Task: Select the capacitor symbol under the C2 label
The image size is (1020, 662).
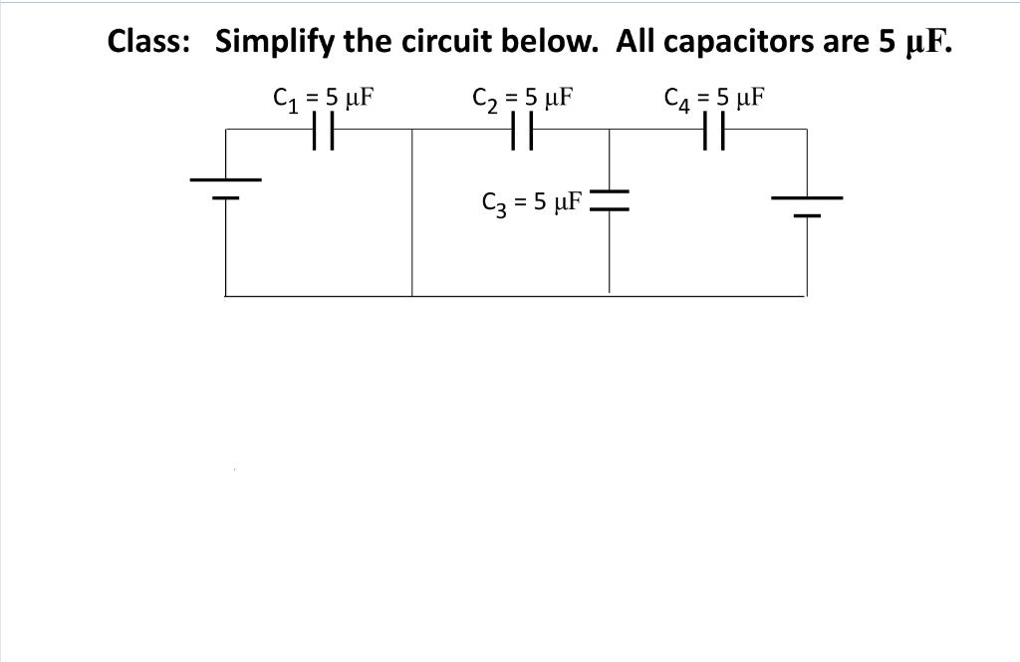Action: [521, 130]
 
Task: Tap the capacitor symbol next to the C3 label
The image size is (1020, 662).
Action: [610, 200]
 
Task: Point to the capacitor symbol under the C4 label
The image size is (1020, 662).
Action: [714, 130]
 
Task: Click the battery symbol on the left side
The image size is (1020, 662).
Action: [226, 187]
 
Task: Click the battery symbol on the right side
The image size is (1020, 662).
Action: [806, 205]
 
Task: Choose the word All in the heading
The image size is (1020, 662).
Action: [636, 42]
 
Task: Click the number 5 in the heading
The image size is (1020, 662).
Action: [888, 42]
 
